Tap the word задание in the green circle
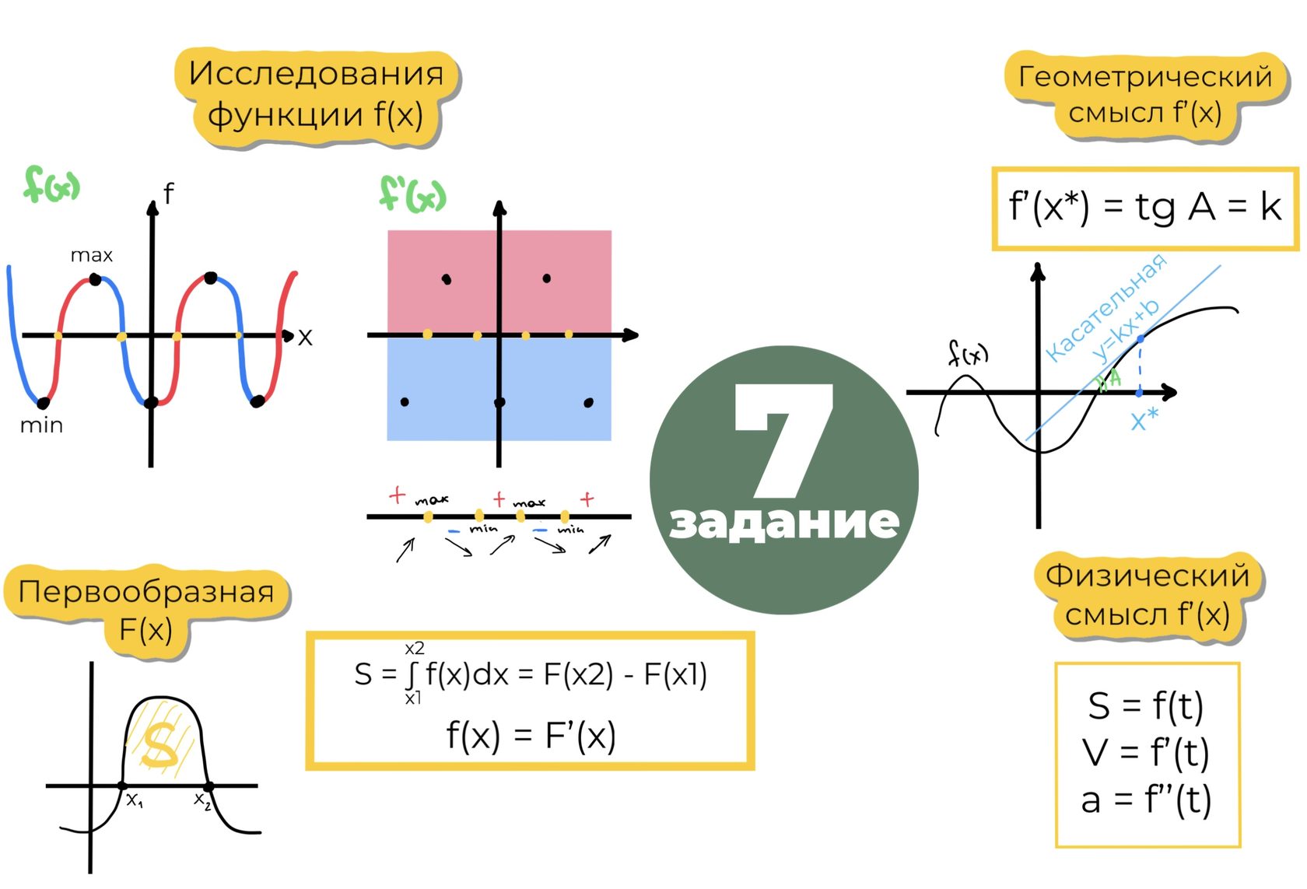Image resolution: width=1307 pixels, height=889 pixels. pos(784,522)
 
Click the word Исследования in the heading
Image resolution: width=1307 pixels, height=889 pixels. pos(316,74)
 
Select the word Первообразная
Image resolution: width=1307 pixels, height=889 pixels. pos(146,592)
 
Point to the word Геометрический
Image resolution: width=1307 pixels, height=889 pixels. pos(1145,77)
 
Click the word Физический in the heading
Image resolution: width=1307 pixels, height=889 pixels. pos(1148,576)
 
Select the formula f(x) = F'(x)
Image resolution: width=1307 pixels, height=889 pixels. pos(531,735)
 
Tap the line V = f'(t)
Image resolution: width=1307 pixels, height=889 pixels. pos(1146,753)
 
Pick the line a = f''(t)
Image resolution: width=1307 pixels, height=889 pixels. pos(1146,800)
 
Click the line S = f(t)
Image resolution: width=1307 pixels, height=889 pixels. pos(1146,706)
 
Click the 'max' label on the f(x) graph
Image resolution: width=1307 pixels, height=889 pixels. pos(91,255)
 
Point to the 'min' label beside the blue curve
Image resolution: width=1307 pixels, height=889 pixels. pos(41,425)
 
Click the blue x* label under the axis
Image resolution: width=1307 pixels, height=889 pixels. pos(1144,420)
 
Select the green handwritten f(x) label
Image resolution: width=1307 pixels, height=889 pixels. pos(51,185)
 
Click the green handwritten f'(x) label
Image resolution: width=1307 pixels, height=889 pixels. pos(413,194)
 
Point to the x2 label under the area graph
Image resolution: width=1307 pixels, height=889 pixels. pos(202,800)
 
